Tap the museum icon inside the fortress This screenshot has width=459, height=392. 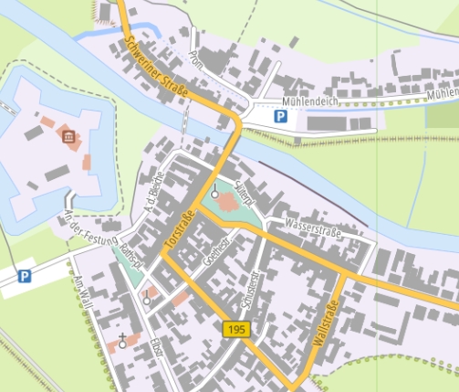coord(68,138)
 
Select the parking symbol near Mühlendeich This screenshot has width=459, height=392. coord(281,117)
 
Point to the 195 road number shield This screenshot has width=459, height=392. coord(236,328)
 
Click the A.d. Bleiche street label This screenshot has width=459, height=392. coord(151,193)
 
